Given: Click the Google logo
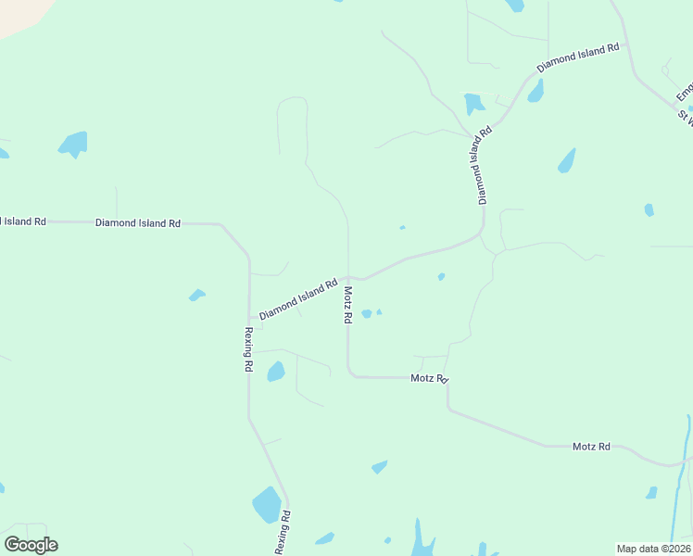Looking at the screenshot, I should coord(31,545).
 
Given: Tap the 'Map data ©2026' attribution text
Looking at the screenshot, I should coord(653,549).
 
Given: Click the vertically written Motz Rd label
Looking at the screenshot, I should coord(348,304).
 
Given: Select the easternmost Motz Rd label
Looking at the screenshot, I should coord(591,447).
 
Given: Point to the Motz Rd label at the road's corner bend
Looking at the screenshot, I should coord(429,378).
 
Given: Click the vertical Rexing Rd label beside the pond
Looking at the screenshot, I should coord(248,349).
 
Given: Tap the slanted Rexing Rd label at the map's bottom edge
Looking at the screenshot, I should coord(283,533).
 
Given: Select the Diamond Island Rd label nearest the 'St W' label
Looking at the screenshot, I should coord(576,57).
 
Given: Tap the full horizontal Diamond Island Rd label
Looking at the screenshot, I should coord(137,223).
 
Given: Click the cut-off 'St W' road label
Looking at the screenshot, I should coord(685,118).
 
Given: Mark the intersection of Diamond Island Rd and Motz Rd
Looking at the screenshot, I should coord(348,276).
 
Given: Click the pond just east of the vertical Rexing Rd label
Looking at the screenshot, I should coord(275,372).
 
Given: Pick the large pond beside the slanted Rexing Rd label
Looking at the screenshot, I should coord(266,505).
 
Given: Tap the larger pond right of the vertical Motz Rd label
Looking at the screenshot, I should coord(366,313).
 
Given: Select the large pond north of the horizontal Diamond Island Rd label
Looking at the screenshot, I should coord(73,144).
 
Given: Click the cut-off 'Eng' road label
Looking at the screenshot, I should coord(684,93).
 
